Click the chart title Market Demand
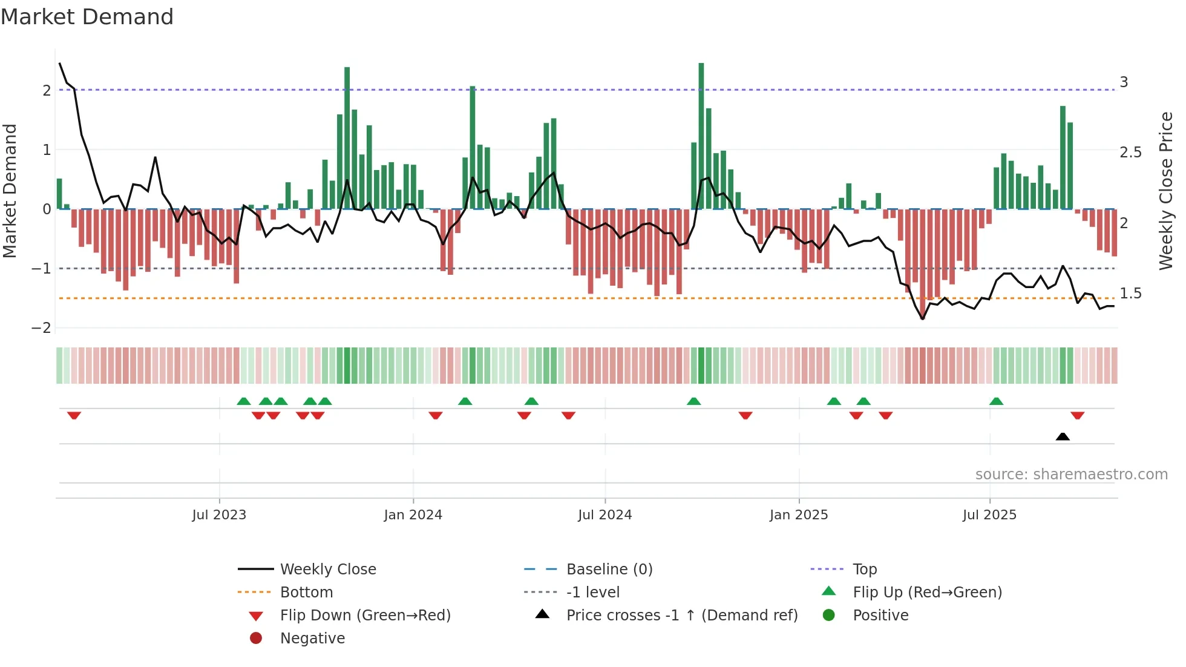click(87, 17)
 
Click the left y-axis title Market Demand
click(10, 191)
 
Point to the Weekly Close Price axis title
click(1165, 191)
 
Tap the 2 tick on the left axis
click(47, 91)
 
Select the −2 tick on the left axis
click(42, 328)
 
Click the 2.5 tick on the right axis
click(1130, 153)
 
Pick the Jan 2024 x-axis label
click(413, 515)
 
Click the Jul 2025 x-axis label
click(989, 515)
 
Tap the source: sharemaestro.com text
click(1071, 475)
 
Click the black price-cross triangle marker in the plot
click(1063, 436)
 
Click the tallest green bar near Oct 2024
click(701, 136)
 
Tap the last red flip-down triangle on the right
click(1077, 416)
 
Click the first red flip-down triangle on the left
click(74, 416)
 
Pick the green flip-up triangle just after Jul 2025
click(996, 401)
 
